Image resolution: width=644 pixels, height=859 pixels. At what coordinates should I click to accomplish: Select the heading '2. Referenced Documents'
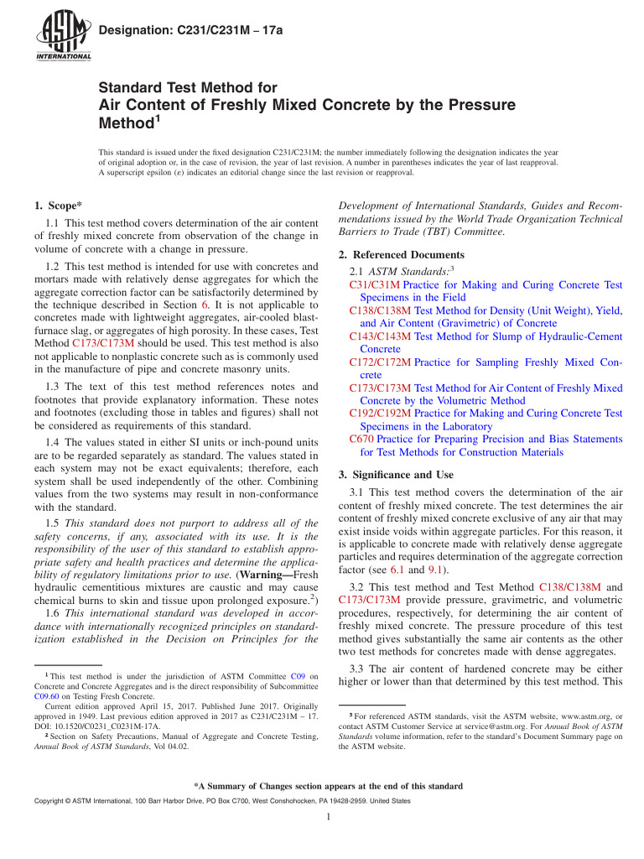coord(400,254)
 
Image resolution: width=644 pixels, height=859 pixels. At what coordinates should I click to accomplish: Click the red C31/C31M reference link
coord(366,284)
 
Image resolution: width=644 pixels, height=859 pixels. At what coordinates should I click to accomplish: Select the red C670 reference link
coord(361,439)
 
